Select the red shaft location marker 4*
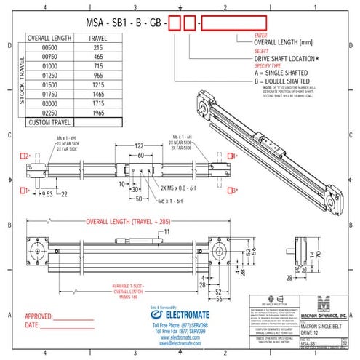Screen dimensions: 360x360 pos(233,156)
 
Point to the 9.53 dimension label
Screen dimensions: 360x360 pos(46,194)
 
